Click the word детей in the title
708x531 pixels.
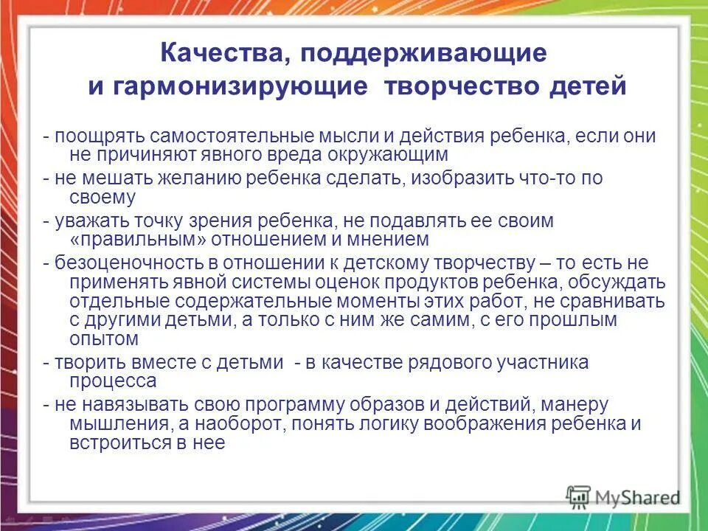[x=586, y=87]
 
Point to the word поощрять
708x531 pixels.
[x=95, y=136]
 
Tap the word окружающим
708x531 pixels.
[x=405, y=154]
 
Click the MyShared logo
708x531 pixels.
[x=624, y=496]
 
